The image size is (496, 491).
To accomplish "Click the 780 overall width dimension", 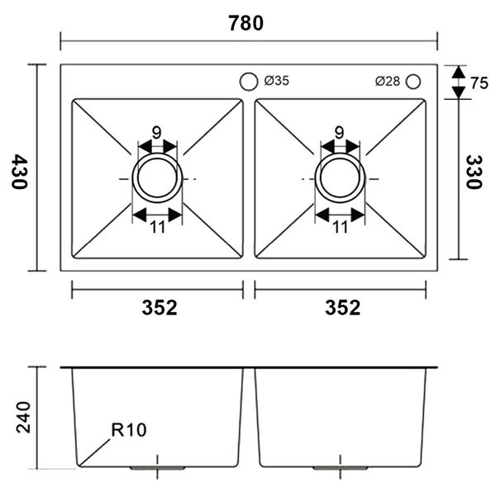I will tap(246, 23).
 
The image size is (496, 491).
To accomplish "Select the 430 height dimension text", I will tap(20, 172).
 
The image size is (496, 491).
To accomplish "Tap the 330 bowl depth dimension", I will tap(474, 172).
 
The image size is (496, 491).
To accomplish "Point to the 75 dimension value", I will tap(479, 83).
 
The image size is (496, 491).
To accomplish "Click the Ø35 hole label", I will tap(276, 81).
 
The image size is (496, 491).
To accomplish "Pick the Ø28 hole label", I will tap(387, 81).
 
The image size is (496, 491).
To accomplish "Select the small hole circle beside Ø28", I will tap(413, 81).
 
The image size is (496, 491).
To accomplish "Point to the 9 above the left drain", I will tap(156, 132).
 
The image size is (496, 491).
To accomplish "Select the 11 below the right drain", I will tap(340, 228).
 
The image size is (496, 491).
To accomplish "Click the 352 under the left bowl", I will tap(159, 308).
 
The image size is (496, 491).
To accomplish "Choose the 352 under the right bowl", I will tap(342, 308).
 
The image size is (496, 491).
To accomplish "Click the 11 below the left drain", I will tap(157, 228).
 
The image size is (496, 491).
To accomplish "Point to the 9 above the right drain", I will tap(340, 132).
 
